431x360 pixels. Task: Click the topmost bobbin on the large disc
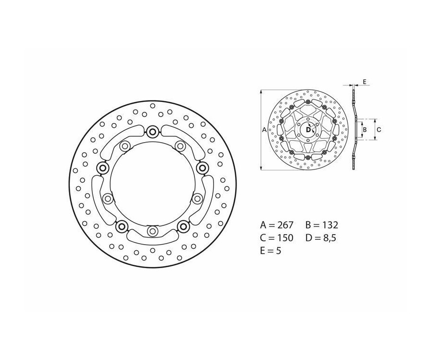153,132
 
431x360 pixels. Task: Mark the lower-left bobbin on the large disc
122,225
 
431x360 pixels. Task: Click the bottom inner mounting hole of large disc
153,232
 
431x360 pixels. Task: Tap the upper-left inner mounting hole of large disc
125,146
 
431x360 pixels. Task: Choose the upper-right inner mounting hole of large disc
180,146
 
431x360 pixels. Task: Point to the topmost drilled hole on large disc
153,105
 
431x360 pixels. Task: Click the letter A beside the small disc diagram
264,129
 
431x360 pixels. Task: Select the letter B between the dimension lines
364,129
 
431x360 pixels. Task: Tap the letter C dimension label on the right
378,129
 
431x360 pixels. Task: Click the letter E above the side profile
364,82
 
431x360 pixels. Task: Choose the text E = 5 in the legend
271,250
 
